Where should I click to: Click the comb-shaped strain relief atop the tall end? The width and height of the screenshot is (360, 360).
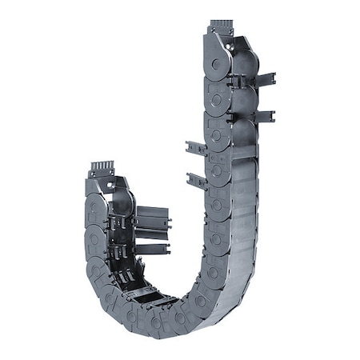(x=221, y=26)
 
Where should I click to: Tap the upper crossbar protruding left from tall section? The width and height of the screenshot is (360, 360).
(x=196, y=148)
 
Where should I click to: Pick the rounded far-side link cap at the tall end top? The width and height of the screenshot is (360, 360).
(x=246, y=56)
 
